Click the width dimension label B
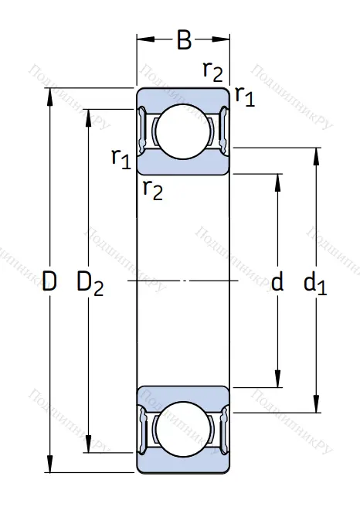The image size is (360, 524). pyautogui.click(x=184, y=40)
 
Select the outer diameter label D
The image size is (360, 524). pyautogui.click(x=49, y=283)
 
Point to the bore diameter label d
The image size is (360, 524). pyautogui.click(x=277, y=283)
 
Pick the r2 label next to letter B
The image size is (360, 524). pyautogui.click(x=212, y=71)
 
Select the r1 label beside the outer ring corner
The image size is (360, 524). pyautogui.click(x=244, y=96)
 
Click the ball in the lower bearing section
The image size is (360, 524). pyautogui.click(x=183, y=429)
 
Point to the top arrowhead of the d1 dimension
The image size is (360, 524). pyautogui.click(x=315, y=152)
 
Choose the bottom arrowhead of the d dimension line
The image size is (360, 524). pyautogui.click(x=278, y=381)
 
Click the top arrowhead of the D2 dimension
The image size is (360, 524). pyautogui.click(x=90, y=114)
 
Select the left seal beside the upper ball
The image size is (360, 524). pyautogui.click(x=143, y=130)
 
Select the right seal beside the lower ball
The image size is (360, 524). pyautogui.click(x=223, y=429)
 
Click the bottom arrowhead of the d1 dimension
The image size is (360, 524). pyautogui.click(x=315, y=407)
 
